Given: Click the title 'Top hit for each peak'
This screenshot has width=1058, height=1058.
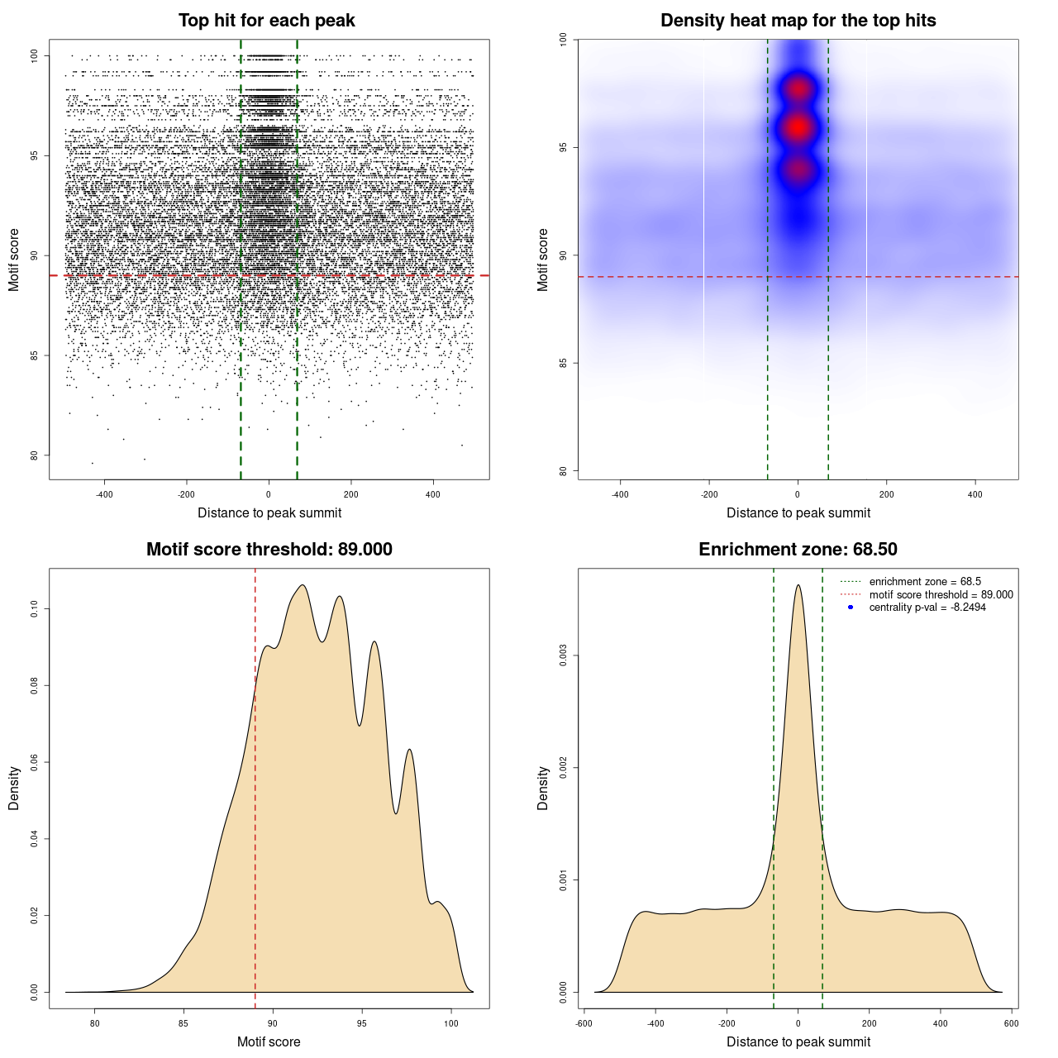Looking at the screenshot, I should (x=266, y=21).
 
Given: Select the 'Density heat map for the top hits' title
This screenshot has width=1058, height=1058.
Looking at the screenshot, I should (x=798, y=21).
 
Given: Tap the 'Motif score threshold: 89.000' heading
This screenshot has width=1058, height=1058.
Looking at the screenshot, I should (x=269, y=550).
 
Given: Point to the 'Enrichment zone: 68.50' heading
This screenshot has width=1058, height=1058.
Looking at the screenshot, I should (x=798, y=550).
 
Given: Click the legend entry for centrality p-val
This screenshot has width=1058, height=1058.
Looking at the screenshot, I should (x=927, y=608).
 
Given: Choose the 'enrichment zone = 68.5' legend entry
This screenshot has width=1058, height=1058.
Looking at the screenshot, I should (x=925, y=582).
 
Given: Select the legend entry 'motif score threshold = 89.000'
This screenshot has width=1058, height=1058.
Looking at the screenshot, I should (x=941, y=595).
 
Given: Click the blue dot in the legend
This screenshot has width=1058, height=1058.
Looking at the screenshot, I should (x=851, y=608).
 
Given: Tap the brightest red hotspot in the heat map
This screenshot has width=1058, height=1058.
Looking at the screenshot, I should (x=798, y=127).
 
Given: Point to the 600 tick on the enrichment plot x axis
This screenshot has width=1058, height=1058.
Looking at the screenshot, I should (x=1011, y=1023).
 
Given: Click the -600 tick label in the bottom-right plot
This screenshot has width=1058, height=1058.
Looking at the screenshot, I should (x=584, y=1023).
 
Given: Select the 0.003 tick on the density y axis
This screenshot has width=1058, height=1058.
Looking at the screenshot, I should (x=563, y=656).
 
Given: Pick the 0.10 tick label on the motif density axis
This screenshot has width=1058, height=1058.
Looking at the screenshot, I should (x=34, y=609).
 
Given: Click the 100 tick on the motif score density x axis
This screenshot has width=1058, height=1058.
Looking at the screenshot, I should (x=450, y=1023).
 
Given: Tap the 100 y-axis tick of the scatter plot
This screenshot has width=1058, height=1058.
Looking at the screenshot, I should (x=34, y=55).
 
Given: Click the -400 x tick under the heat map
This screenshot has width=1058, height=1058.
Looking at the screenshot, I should (x=620, y=494).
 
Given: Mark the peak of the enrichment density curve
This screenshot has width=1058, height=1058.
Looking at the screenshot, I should (x=798, y=585).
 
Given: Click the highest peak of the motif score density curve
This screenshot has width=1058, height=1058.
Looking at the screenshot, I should (x=303, y=585).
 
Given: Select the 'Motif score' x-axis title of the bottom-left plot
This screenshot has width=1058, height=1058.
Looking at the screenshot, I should (x=269, y=1041).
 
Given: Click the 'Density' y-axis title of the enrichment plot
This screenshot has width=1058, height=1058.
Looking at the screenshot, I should (x=543, y=788).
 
